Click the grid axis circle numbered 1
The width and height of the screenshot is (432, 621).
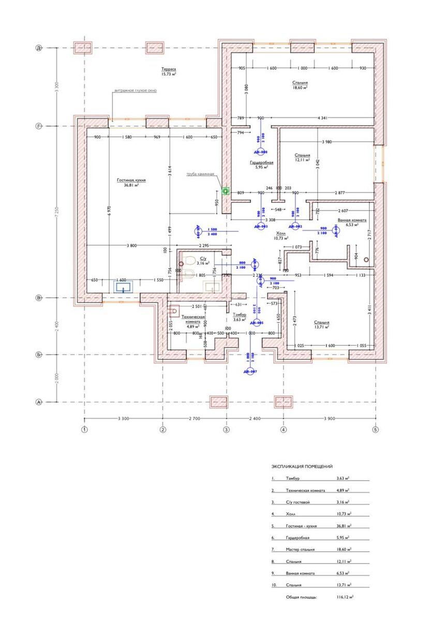(x=84, y=430)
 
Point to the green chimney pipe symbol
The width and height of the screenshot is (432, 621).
(x=225, y=191)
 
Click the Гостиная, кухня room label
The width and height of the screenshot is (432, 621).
(x=131, y=182)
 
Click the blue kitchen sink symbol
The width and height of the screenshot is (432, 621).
(x=123, y=286)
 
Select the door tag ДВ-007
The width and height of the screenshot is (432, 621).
(x=250, y=372)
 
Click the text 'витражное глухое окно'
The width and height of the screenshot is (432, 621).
(x=136, y=90)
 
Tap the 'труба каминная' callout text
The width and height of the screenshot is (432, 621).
(x=200, y=174)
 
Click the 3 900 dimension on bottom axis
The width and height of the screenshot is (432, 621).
(x=330, y=418)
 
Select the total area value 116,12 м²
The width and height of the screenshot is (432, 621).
(x=344, y=597)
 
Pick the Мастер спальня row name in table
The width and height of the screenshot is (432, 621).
(x=300, y=550)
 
